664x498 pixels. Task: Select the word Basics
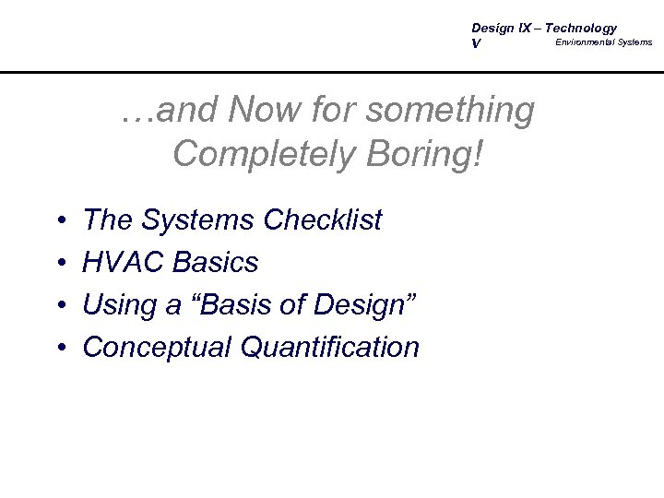217,263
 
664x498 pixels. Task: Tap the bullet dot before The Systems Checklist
59,221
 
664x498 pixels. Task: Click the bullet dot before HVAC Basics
59,264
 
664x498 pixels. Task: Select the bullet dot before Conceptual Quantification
59,349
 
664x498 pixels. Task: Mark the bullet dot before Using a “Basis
59,306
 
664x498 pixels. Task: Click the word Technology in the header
583,29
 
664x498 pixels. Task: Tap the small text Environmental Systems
603,42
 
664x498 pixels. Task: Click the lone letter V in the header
476,43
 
